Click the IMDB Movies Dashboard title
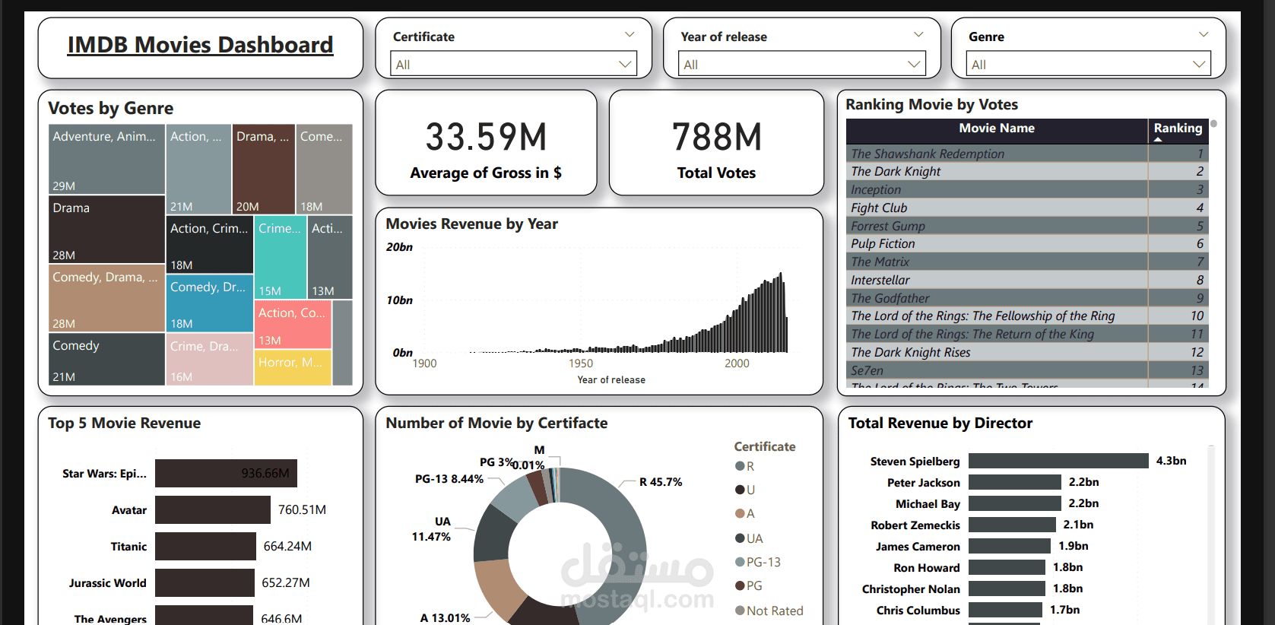(x=200, y=46)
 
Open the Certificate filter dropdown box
(x=514, y=65)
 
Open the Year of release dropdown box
(x=801, y=65)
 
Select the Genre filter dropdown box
(x=1088, y=65)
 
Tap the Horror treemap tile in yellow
(x=292, y=366)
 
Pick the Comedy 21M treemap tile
(x=106, y=360)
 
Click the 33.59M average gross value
(x=486, y=138)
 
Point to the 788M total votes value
(x=716, y=138)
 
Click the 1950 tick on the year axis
(x=581, y=363)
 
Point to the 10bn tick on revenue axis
(x=399, y=300)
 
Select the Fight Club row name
(x=879, y=208)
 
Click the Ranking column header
(x=1178, y=128)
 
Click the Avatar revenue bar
(x=213, y=509)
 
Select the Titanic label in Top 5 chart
(x=128, y=547)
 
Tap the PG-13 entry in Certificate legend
(x=763, y=562)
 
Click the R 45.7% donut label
(x=660, y=482)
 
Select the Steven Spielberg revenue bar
(x=1058, y=461)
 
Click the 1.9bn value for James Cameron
(x=1073, y=546)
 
